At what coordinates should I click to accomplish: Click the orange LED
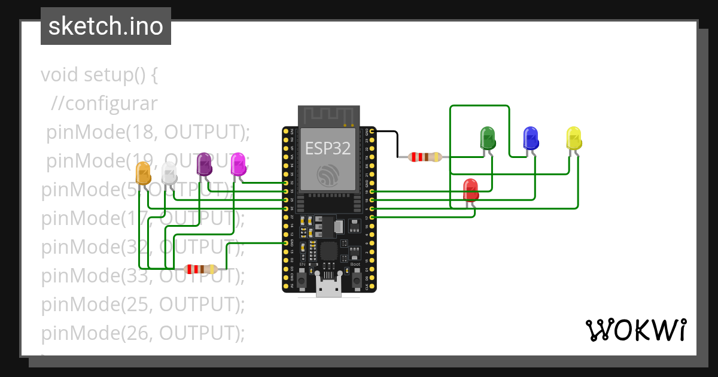pos(144,173)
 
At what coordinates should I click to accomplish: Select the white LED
pos(169,172)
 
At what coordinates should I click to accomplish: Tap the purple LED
pos(205,164)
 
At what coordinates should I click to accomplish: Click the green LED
pos(488,138)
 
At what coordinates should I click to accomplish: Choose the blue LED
pos(530,138)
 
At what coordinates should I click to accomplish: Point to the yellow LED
pos(574,138)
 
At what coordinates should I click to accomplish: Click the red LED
pos(471,190)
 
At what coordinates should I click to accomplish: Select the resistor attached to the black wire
pos(425,157)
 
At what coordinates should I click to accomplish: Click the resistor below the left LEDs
pos(200,269)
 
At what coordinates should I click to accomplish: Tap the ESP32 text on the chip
pos(328,148)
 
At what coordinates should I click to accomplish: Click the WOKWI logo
pos(635,330)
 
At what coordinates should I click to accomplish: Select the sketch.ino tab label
pos(106,26)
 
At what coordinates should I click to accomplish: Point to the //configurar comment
pos(104,104)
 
